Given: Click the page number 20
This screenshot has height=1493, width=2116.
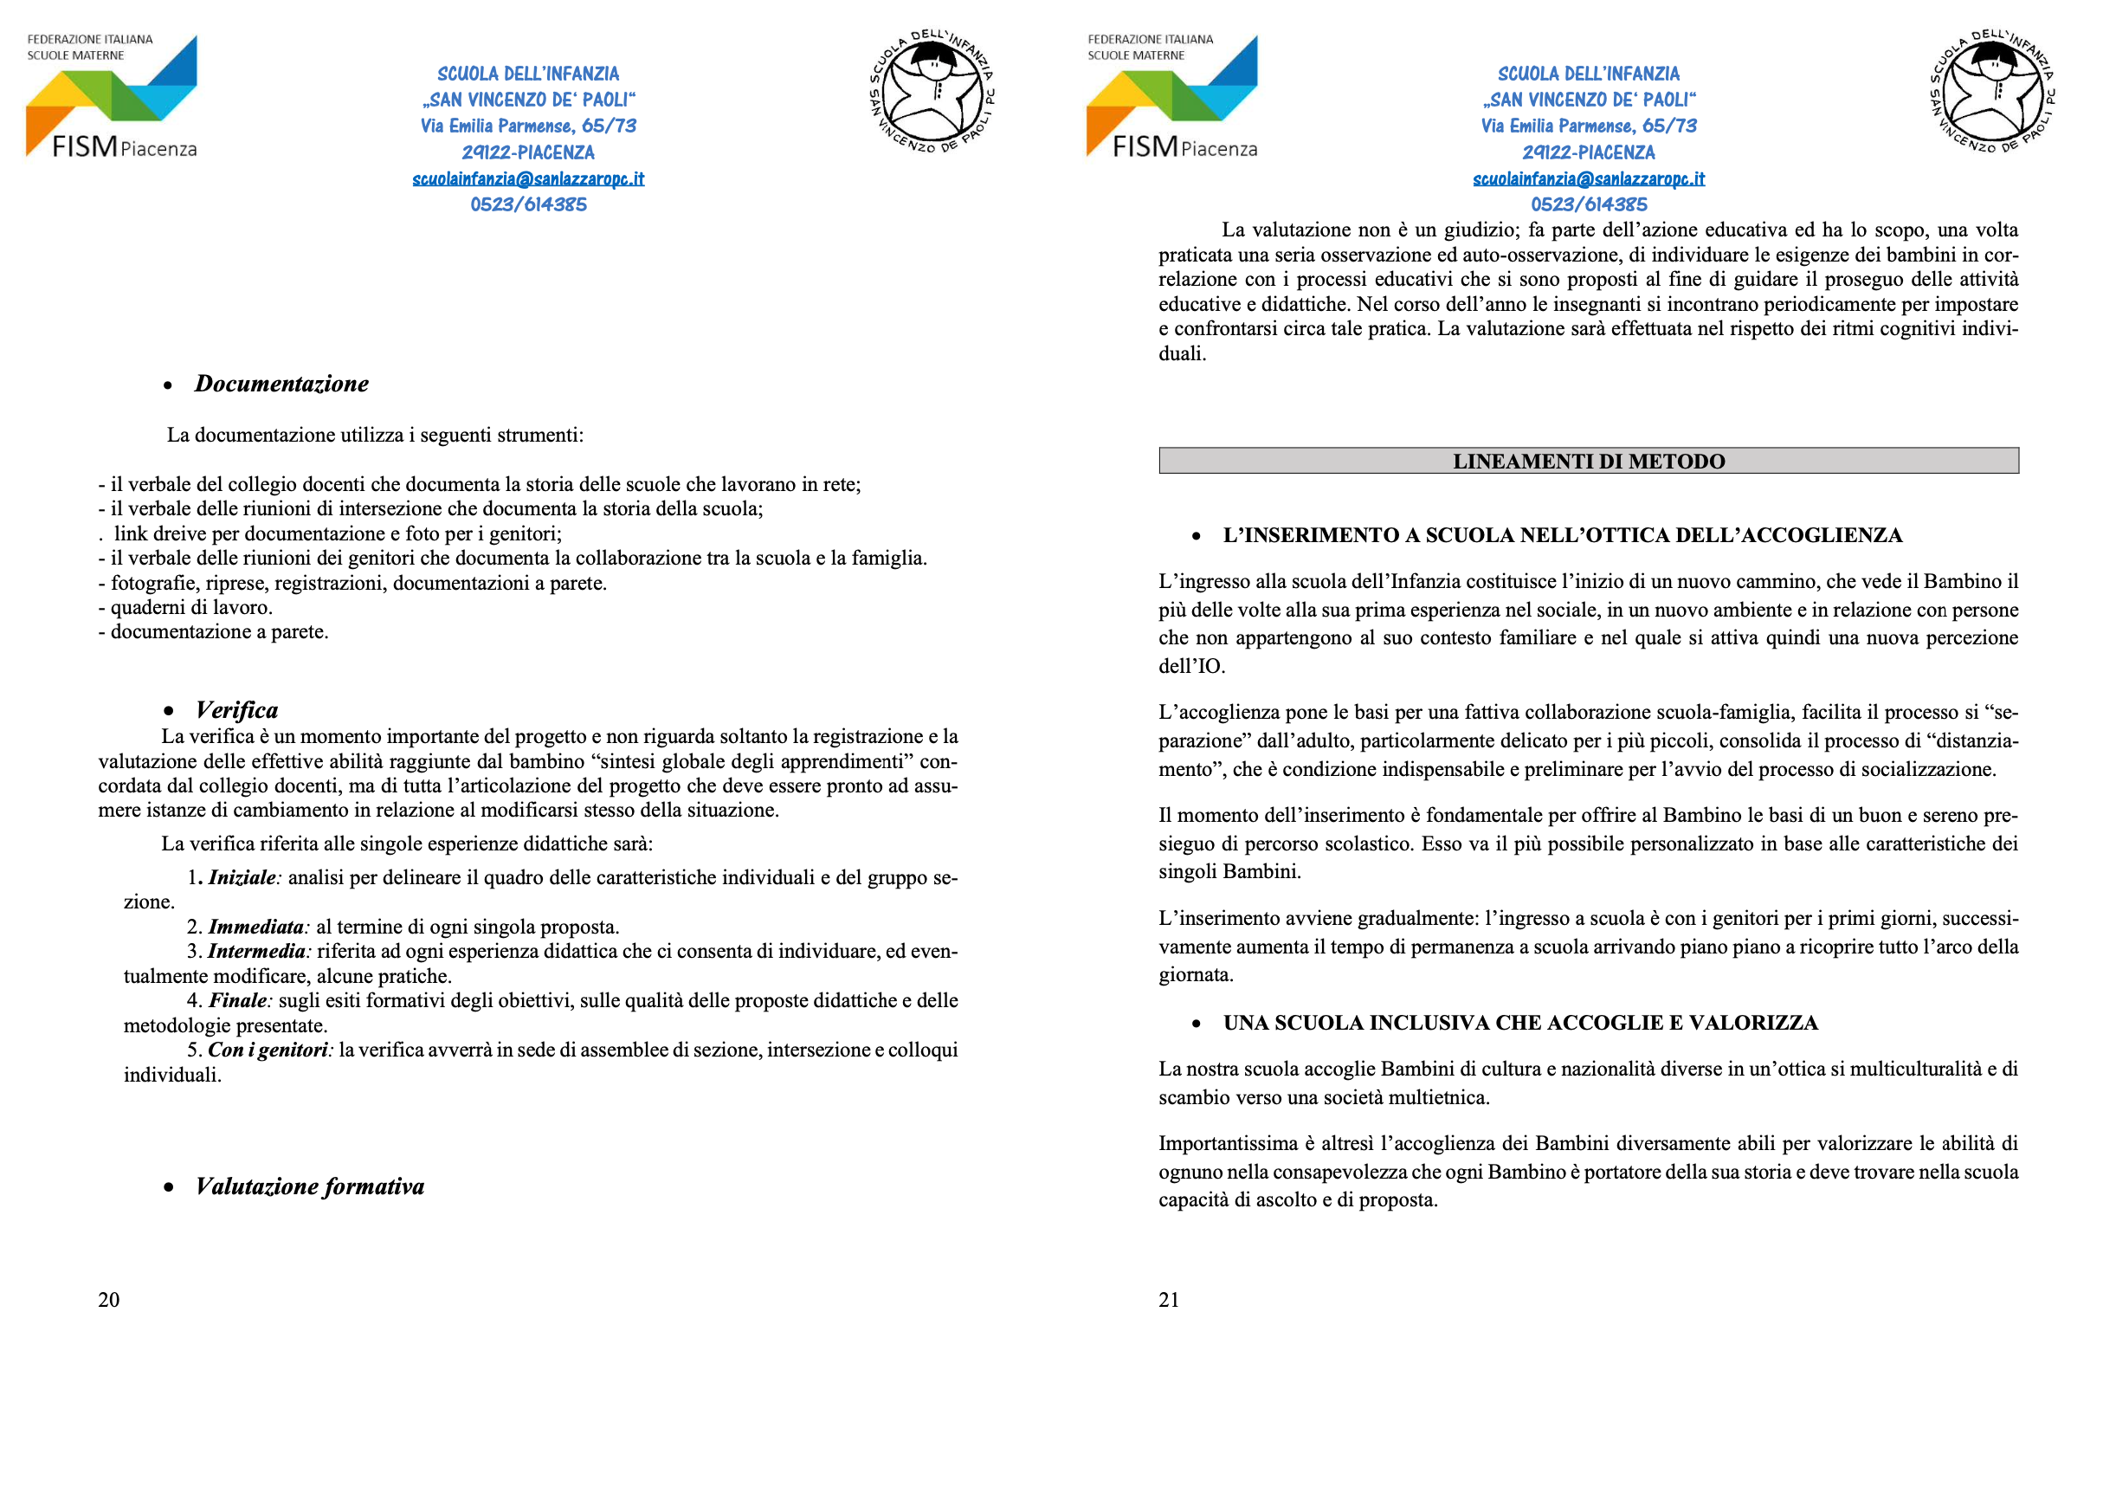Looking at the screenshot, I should [109, 1300].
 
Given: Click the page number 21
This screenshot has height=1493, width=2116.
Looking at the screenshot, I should [1169, 1300].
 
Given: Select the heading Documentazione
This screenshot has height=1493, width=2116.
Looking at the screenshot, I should [281, 385].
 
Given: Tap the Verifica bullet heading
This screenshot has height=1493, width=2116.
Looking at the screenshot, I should [237, 710].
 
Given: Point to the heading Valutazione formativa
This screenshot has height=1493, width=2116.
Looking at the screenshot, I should [310, 1187].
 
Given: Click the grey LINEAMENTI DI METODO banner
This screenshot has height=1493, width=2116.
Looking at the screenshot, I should [1588, 461].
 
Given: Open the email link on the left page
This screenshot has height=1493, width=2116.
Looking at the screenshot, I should [528, 178].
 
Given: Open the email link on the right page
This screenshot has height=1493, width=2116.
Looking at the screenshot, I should [1588, 178].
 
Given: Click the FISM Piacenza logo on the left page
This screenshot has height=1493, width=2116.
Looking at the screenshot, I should [112, 97].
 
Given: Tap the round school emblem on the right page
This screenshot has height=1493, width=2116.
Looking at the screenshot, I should [1992, 92].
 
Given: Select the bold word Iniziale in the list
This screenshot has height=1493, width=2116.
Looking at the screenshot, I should [242, 877].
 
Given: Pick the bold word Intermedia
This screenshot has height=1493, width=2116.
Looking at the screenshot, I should [256, 951].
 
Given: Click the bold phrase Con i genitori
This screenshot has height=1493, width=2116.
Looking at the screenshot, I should [268, 1050].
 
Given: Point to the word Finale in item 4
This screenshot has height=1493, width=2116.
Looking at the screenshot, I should [239, 1001].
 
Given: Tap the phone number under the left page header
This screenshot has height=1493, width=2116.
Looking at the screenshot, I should [528, 204].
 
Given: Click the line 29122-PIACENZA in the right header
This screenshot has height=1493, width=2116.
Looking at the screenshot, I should [1588, 152].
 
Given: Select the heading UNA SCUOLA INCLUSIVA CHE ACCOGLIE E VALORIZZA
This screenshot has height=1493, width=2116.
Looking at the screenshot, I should [1519, 1023].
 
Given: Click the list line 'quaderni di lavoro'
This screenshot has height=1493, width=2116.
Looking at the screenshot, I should [190, 607].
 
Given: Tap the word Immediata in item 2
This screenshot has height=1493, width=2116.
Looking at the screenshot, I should [256, 927].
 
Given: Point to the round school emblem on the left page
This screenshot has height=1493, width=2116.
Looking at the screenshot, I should [932, 92].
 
